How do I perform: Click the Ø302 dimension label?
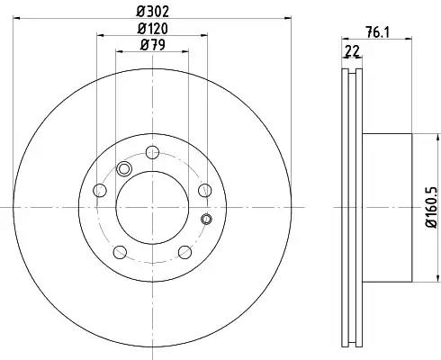152,12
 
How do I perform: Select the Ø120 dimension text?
152,29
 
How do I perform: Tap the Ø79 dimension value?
152,45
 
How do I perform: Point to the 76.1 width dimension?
378,31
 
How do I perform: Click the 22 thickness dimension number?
352,51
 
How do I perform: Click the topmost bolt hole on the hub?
152,152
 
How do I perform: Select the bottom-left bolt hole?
120,252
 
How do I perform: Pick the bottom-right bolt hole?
184,252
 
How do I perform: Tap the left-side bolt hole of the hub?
100,190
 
